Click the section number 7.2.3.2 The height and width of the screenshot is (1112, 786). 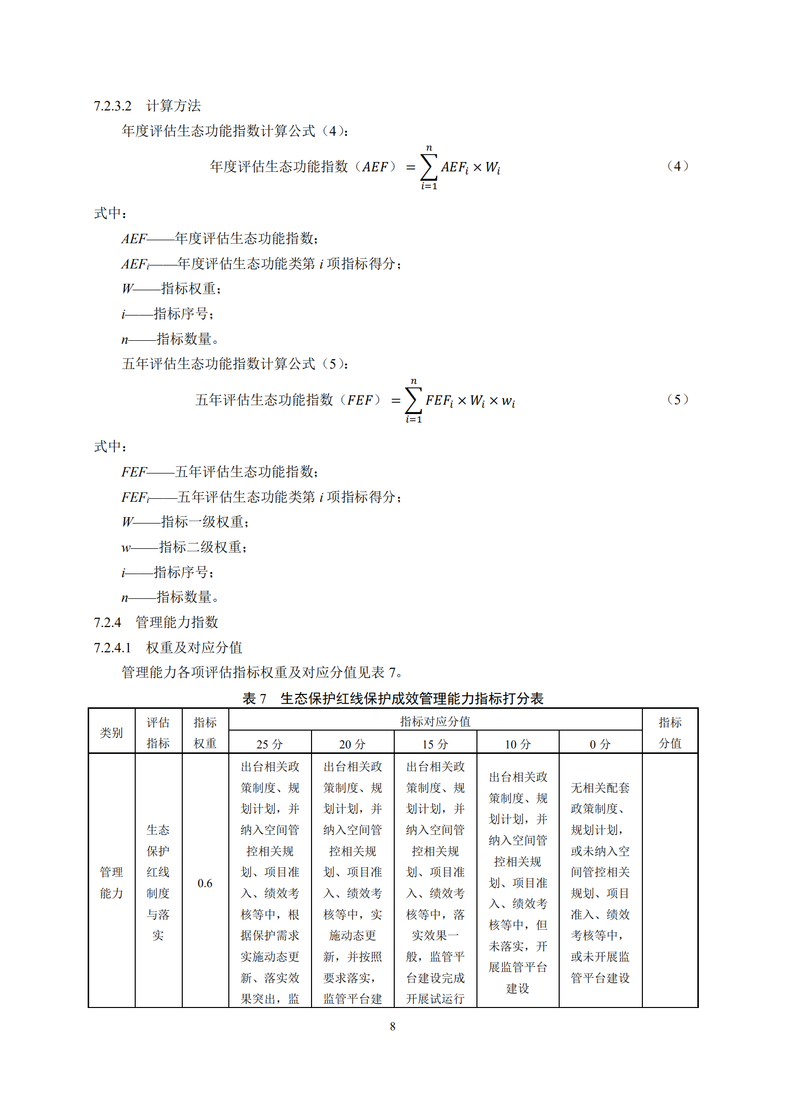point(112,106)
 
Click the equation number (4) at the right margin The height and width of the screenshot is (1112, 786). point(677,166)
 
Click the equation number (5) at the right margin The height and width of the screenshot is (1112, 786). point(677,399)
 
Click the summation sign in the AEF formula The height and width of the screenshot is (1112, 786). point(429,167)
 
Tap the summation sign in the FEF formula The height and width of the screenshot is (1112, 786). point(414,400)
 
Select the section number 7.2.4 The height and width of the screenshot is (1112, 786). point(107,623)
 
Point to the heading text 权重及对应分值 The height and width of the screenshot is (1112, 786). point(194,648)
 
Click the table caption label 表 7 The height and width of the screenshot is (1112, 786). point(254,699)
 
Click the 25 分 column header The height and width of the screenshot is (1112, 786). point(269,744)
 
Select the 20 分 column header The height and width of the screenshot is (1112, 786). point(352,744)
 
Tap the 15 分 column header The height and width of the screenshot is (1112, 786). point(435,744)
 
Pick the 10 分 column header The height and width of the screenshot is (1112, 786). point(518,744)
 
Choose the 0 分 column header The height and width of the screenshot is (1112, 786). point(600,744)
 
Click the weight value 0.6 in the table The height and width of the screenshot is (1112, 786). point(205,883)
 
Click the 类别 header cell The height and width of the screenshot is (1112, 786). point(111,733)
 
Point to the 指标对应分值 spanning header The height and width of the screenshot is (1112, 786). point(435,722)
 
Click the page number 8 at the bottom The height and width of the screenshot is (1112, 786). point(393,1026)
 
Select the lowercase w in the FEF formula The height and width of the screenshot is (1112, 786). point(508,401)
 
